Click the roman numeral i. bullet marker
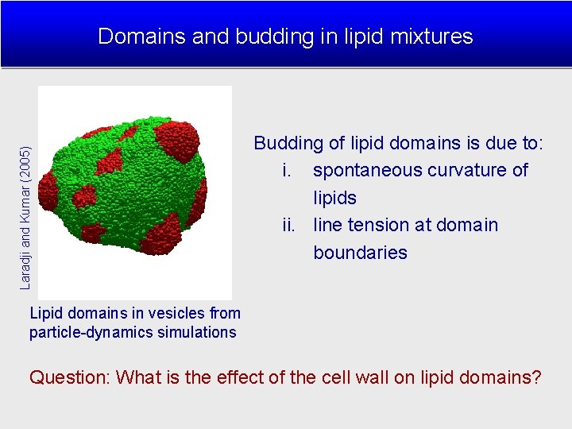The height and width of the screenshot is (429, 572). pyautogui.click(x=288, y=171)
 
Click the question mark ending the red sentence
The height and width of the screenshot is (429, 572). pyautogui.click(x=536, y=377)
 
